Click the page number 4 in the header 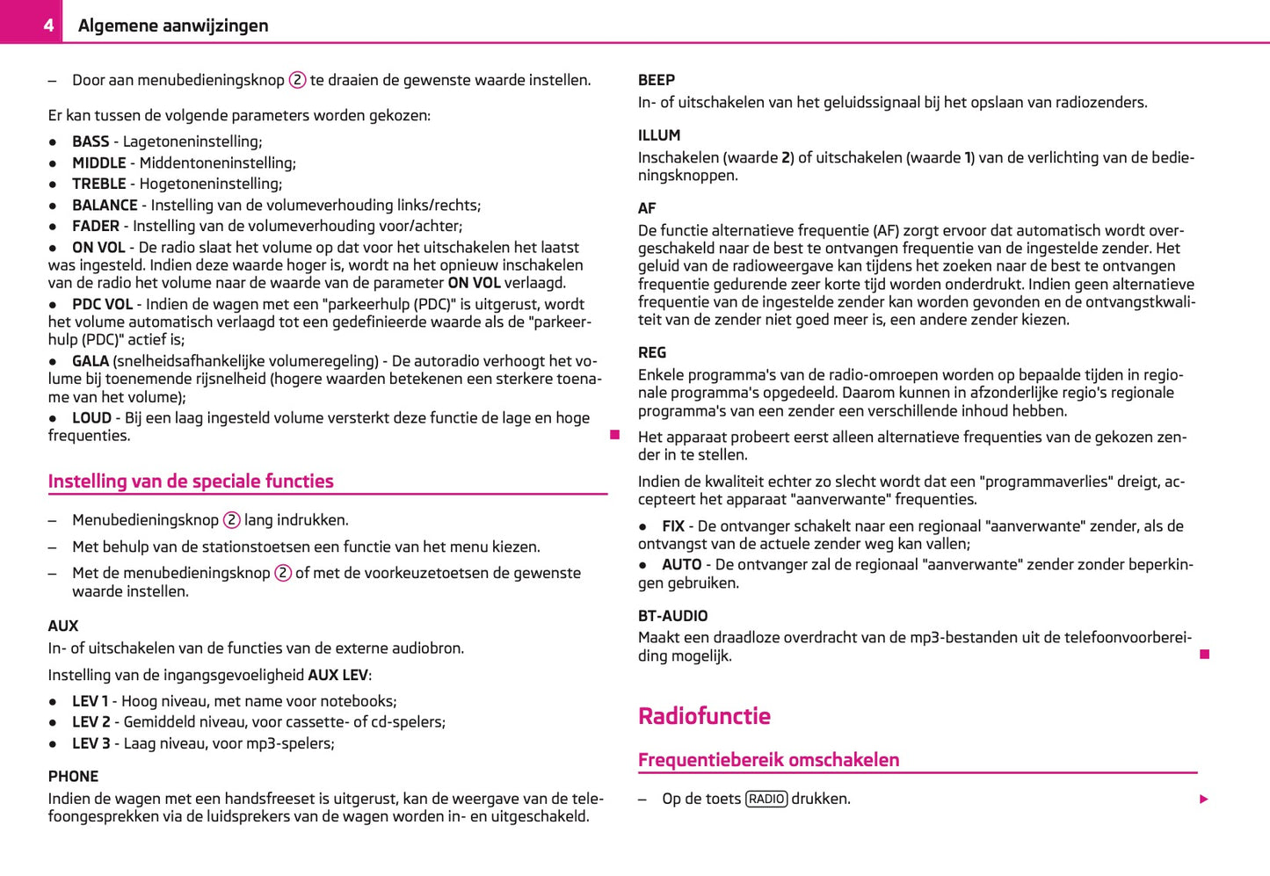[48, 25]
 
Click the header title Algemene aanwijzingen [173, 25]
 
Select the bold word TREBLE [98, 184]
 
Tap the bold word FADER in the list [95, 226]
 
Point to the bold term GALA [91, 361]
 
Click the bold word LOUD [91, 418]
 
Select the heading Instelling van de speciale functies [191, 481]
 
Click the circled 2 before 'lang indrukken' [231, 520]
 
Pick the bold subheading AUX [63, 626]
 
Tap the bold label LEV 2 [91, 722]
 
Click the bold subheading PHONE [73, 777]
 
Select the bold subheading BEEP [657, 80]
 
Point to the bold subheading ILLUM [659, 135]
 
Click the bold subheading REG [652, 352]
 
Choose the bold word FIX [673, 526]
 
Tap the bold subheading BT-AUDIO [672, 616]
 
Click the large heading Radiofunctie [704, 716]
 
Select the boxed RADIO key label [766, 799]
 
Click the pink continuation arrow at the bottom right [1204, 799]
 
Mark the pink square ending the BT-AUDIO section [1205, 655]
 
